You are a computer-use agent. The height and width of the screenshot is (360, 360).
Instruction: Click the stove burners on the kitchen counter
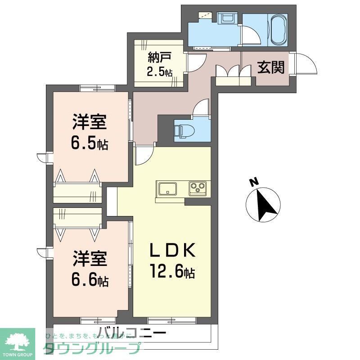pos(197,187)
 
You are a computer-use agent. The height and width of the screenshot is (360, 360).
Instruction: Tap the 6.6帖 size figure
pos(89,281)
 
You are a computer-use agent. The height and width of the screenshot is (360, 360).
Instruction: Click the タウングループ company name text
pos(92,349)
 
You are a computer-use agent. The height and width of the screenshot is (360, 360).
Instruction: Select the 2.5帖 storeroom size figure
pos(159,72)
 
